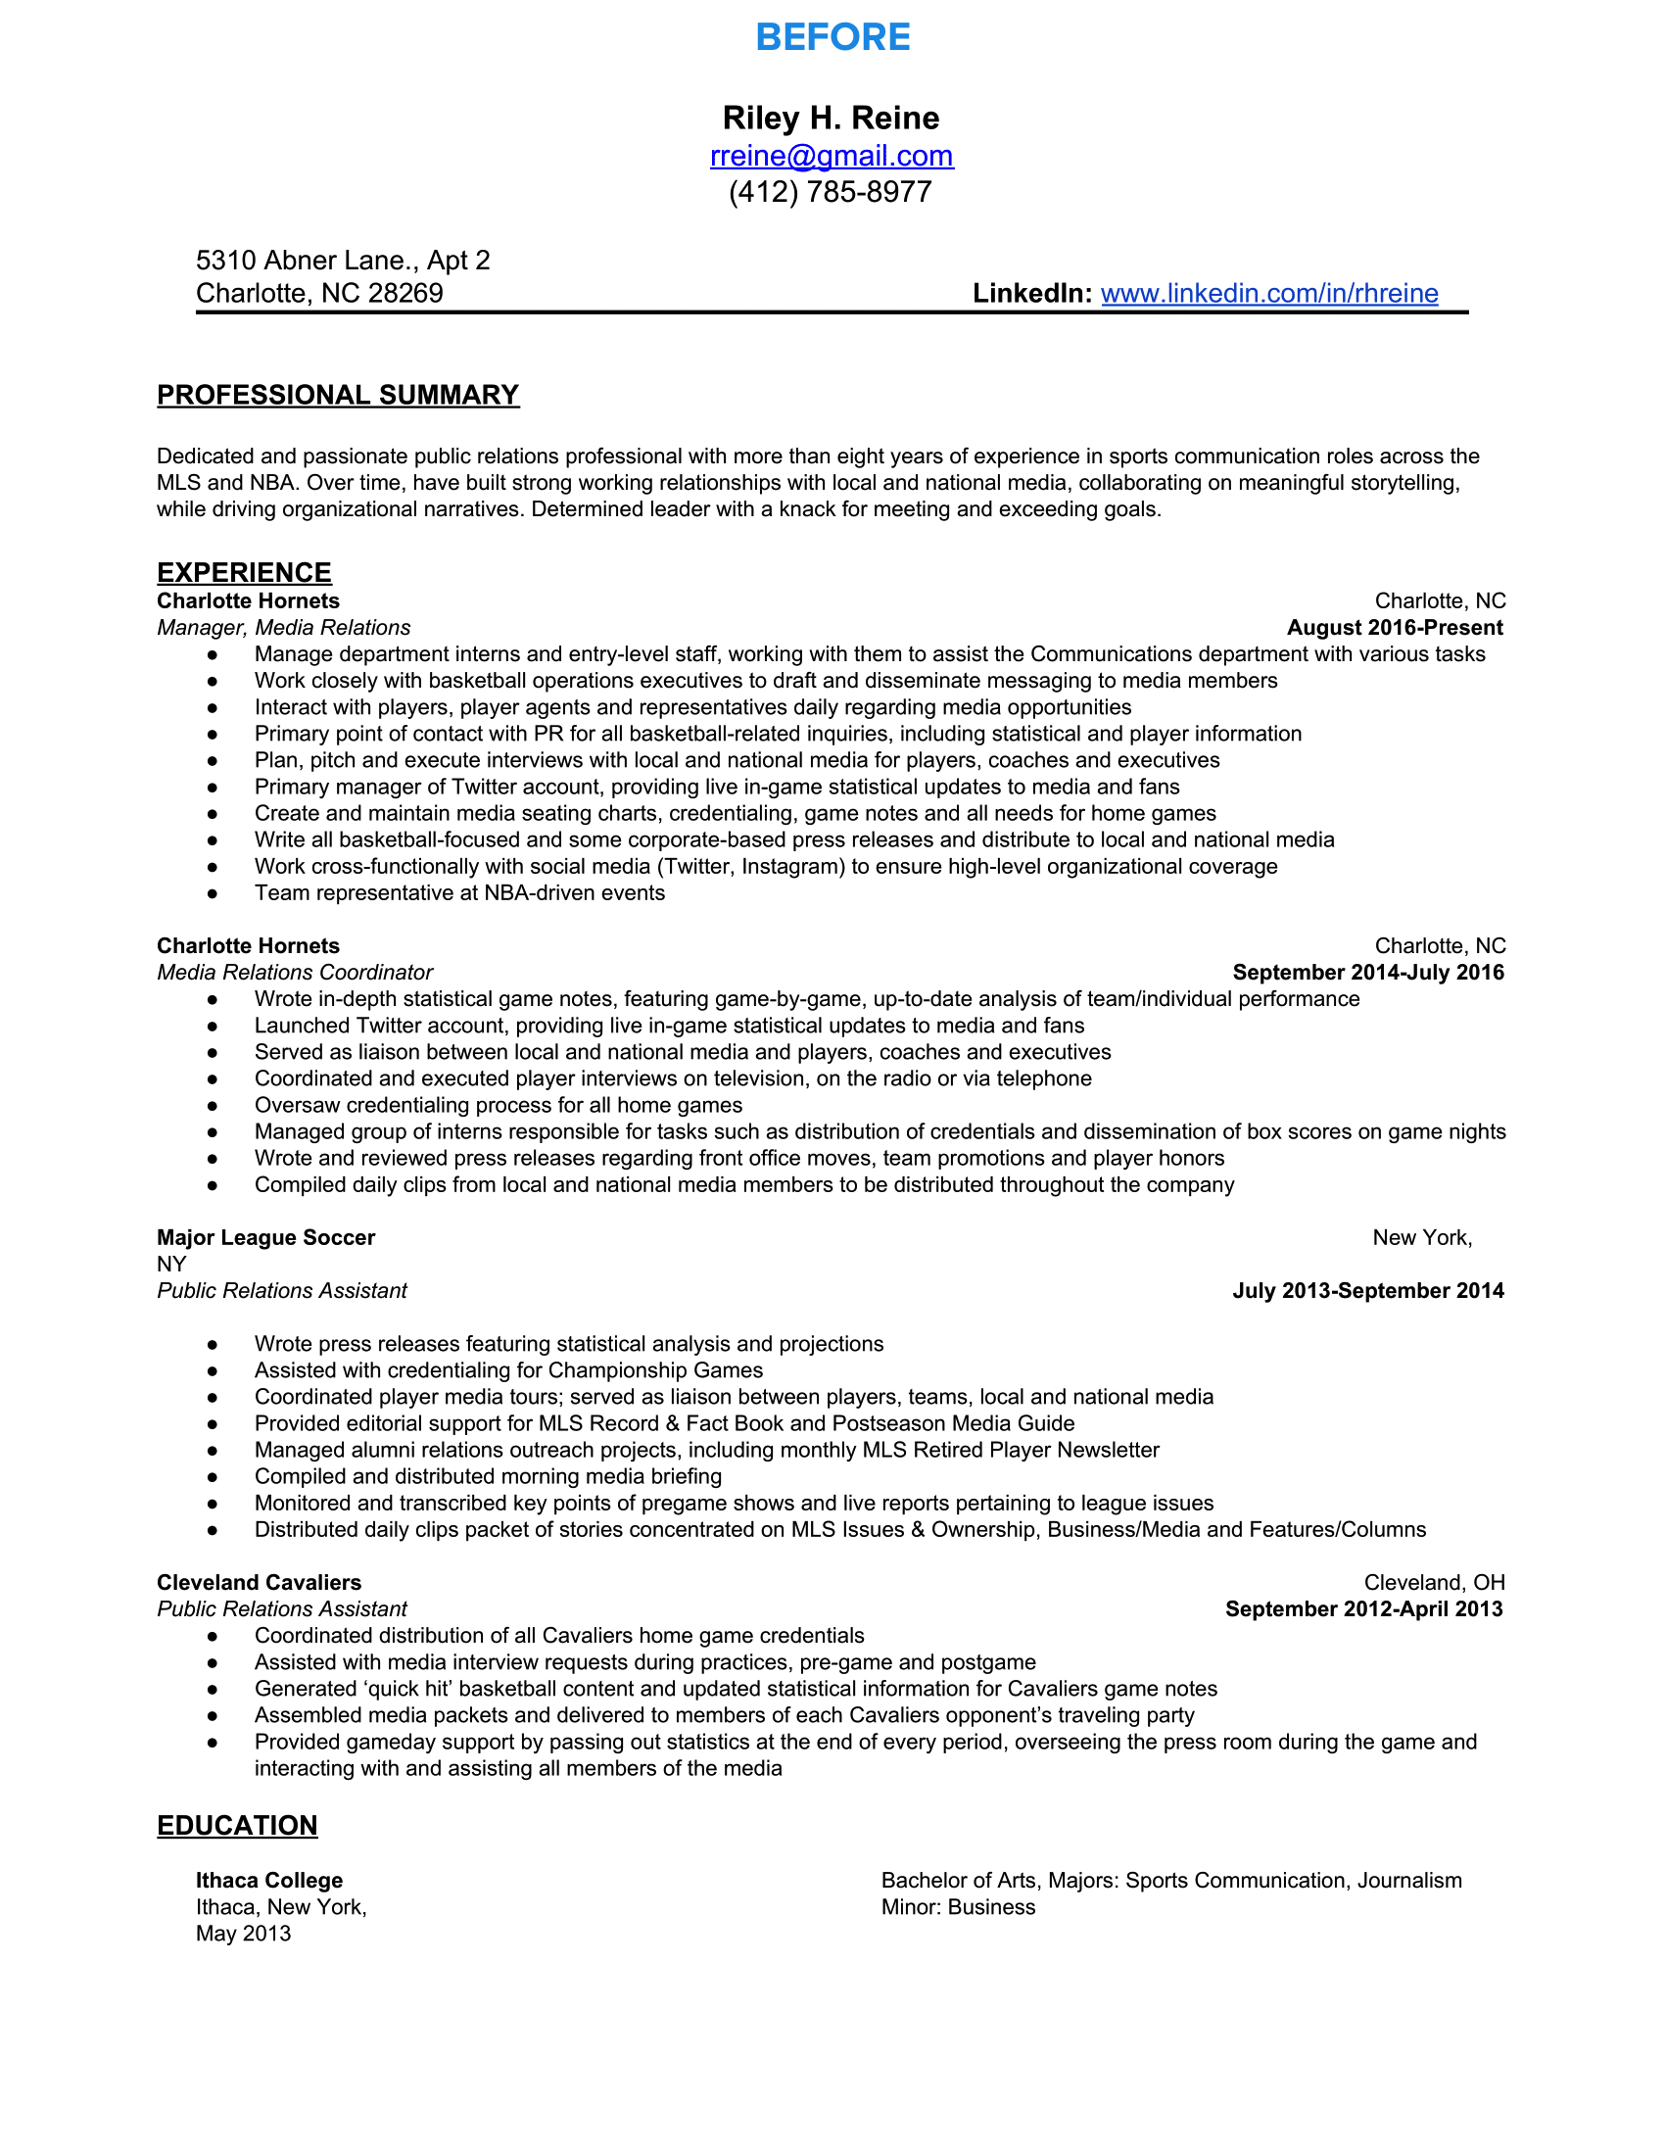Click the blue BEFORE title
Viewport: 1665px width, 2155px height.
click(832, 37)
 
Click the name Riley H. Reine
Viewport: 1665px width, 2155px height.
click(831, 119)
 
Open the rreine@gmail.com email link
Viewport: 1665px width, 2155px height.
click(832, 156)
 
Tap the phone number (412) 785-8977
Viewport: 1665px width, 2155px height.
click(831, 191)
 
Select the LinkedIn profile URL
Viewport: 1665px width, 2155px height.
click(1268, 293)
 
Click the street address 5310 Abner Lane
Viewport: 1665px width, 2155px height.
click(342, 261)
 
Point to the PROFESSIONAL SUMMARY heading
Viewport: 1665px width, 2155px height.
click(337, 395)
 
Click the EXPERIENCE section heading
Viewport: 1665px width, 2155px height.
click(244, 572)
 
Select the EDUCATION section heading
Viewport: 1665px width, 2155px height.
click(237, 1826)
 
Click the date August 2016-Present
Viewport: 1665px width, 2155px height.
click(1395, 628)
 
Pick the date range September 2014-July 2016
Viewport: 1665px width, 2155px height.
click(1368, 972)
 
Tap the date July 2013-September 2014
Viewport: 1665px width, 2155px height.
click(1368, 1291)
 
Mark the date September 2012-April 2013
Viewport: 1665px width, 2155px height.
click(1364, 1609)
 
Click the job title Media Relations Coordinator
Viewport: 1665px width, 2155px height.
click(295, 972)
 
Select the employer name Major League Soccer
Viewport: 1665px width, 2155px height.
click(266, 1237)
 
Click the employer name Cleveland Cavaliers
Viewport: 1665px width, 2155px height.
click(260, 1583)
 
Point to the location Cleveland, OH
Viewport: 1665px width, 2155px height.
click(1434, 1583)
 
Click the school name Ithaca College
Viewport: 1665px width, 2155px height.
click(269, 1881)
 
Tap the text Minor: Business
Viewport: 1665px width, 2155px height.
click(958, 1907)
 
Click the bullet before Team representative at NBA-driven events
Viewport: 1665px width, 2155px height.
click(213, 893)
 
